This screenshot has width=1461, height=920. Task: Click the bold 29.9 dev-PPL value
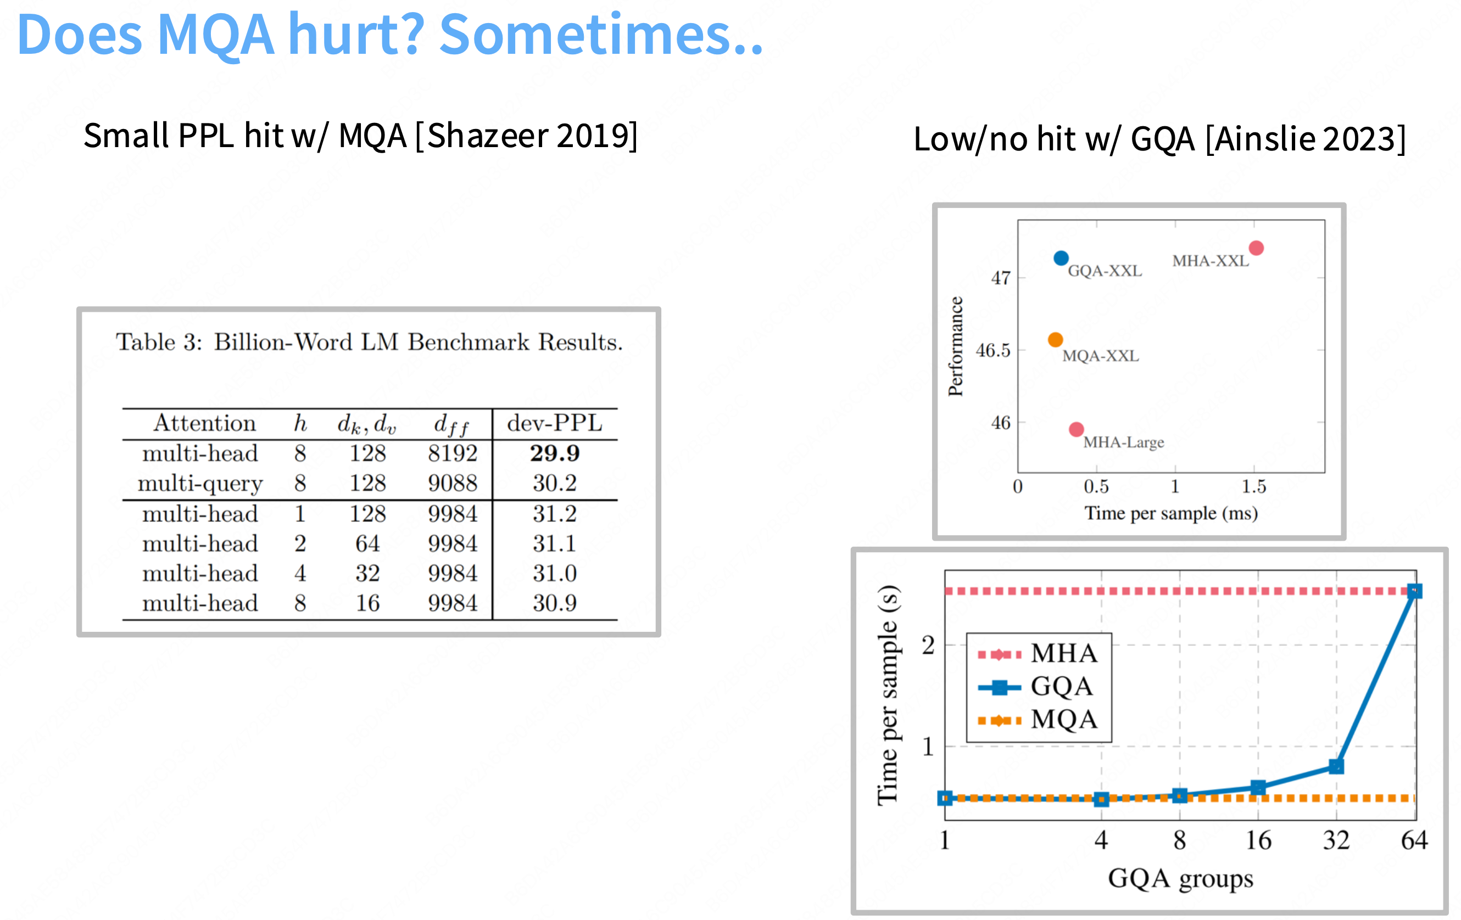(x=555, y=453)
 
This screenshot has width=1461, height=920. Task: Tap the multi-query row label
(x=200, y=484)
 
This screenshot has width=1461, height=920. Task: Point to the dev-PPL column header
(x=555, y=423)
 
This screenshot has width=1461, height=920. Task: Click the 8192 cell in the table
(x=453, y=453)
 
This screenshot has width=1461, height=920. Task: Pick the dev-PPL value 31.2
(x=555, y=514)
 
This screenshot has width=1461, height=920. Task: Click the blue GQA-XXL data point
(x=1061, y=259)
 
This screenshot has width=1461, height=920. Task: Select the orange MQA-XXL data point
(x=1055, y=340)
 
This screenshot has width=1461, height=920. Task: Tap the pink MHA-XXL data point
(x=1256, y=248)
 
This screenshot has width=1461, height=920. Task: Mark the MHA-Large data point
(x=1076, y=429)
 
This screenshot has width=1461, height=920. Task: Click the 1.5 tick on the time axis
(x=1253, y=486)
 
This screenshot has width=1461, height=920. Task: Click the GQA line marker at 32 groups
(x=1336, y=766)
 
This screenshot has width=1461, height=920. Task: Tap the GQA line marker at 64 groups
(x=1414, y=591)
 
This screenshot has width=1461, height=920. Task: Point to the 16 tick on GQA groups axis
(x=1258, y=840)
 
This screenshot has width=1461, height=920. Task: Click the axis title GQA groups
(x=1180, y=878)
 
